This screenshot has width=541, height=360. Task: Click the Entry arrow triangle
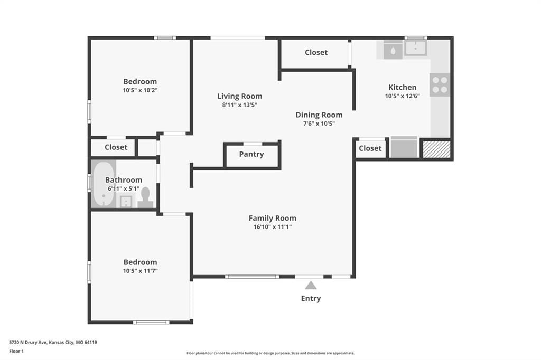pos(311,285)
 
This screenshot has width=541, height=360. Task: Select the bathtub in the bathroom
pos(104,184)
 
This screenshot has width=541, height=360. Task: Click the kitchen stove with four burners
pos(440,85)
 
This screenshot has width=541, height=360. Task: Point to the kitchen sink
pos(416,48)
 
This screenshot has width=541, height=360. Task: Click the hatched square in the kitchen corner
pos(437,149)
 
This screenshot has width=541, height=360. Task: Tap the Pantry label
pos(251,154)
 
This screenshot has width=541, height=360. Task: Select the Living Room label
pos(240,96)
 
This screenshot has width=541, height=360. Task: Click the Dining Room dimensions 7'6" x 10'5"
pos(319,124)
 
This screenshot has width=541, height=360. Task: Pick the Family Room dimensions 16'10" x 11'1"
pos(273,226)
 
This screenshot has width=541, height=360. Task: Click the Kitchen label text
pos(402,87)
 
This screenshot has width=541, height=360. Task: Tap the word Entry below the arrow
pos(311,298)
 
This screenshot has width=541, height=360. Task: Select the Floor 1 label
pos(16,352)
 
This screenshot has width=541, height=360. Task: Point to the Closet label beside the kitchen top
pos(316,52)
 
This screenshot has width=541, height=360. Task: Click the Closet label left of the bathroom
pos(116,147)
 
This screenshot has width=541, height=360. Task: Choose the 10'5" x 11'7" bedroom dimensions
pos(141,271)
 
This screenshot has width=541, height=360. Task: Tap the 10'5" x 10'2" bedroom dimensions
pos(140,90)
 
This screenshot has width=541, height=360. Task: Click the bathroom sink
pos(126,202)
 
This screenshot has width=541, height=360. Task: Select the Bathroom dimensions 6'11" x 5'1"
pos(124,188)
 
